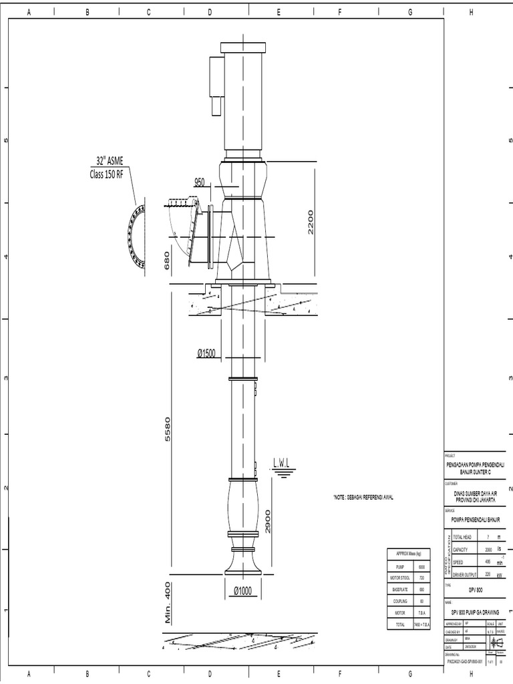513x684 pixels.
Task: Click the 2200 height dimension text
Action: [310, 222]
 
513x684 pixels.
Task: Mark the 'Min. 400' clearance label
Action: [168, 602]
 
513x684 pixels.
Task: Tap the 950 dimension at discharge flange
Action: [199, 182]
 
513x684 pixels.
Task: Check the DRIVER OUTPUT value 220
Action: [488, 573]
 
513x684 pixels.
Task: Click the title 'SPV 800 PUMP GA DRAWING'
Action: [476, 611]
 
